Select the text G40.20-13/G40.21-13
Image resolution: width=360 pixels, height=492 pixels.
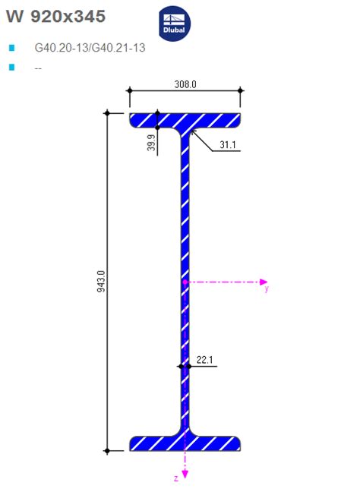coord(90,48)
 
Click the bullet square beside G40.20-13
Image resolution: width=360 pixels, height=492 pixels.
coord(11,48)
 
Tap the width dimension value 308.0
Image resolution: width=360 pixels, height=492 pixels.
coord(185,84)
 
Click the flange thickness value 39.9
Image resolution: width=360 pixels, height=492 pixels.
coord(151,143)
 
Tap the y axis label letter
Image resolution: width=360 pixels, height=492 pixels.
coord(266,289)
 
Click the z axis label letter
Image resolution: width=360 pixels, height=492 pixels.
coord(175,478)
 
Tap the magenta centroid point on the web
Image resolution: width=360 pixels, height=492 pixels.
coord(185,281)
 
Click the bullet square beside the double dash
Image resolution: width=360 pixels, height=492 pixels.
coord(11,68)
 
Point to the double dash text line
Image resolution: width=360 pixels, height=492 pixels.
coord(38,68)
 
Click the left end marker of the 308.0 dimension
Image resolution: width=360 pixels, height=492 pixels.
coord(129,90)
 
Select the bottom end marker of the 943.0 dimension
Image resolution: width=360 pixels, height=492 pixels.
coord(107,451)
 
